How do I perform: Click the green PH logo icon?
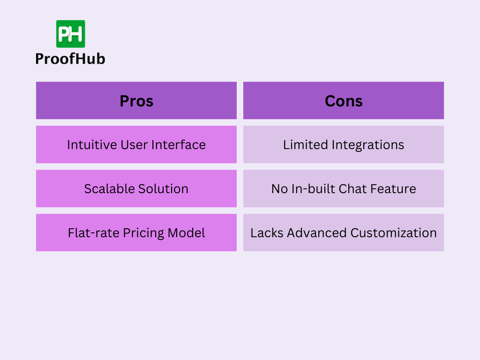point(70,34)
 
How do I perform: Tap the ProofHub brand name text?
point(70,59)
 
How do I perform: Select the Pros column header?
point(136,101)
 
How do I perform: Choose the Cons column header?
point(344,101)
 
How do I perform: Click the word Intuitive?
point(92,144)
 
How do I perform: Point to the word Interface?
point(179,144)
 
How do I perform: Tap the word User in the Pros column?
point(134,144)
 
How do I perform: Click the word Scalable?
point(108,188)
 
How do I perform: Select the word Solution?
point(162,188)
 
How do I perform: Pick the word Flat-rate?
point(93,232)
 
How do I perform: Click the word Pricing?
point(143,233)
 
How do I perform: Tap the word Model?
point(186,232)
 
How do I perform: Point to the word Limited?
point(305,144)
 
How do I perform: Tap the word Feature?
point(393,188)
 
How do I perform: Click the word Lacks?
point(267,232)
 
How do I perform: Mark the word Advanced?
point(316,232)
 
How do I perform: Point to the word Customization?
point(393,232)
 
